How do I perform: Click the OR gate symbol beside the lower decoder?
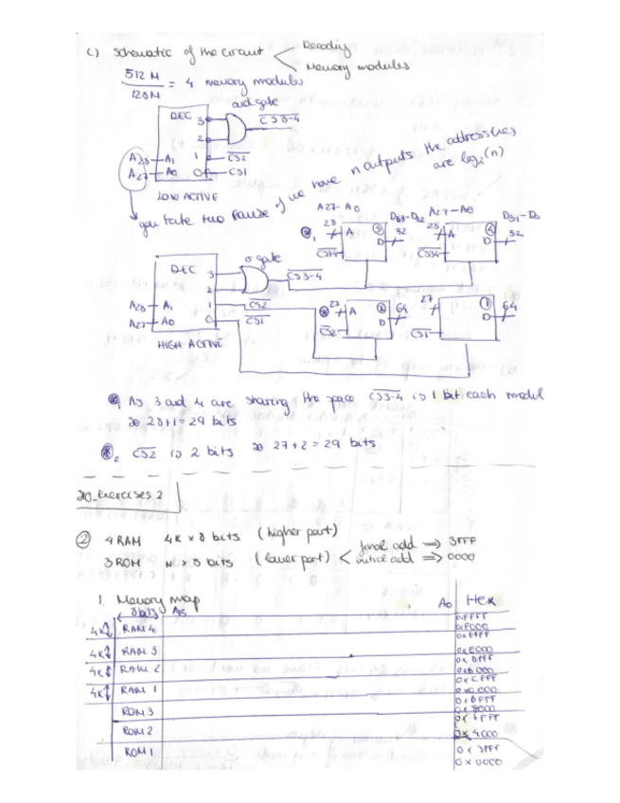point(251,278)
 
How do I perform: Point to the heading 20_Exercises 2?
point(133,495)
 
